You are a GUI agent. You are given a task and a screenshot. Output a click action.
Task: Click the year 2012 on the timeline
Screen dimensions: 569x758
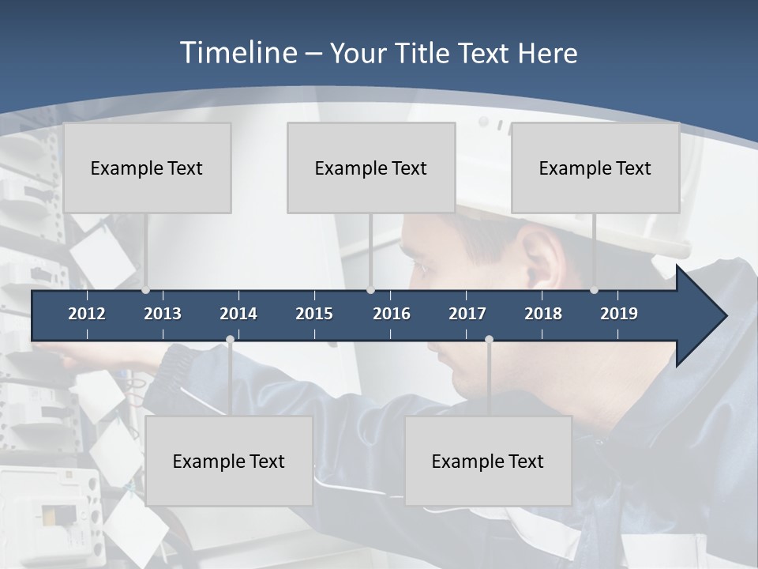click(87, 314)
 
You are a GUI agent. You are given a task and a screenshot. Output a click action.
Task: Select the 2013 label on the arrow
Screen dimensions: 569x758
click(163, 314)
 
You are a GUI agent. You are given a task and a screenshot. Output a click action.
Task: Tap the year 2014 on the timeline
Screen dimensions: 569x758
click(238, 314)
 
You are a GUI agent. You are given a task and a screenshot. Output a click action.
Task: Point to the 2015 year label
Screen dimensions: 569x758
click(314, 314)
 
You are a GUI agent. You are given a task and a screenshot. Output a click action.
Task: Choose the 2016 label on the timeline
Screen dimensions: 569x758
click(392, 314)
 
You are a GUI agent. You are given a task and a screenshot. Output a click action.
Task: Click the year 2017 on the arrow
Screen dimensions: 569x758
click(467, 314)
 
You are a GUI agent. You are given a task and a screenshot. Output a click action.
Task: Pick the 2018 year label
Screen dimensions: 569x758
click(543, 314)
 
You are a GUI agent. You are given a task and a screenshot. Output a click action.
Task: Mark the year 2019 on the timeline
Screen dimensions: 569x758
click(619, 314)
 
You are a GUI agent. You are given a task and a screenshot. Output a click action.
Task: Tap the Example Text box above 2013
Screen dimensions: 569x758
click(147, 168)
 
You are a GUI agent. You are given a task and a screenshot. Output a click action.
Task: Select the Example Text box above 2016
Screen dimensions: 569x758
click(371, 168)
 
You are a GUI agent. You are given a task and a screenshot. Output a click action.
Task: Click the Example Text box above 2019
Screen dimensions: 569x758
click(595, 168)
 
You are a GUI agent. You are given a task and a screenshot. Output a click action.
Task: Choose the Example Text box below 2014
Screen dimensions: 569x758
click(229, 461)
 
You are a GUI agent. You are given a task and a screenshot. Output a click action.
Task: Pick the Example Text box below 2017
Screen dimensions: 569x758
click(488, 461)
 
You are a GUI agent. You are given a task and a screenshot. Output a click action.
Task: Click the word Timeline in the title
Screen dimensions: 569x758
click(237, 53)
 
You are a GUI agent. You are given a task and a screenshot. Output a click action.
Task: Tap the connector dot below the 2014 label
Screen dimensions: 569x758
click(230, 340)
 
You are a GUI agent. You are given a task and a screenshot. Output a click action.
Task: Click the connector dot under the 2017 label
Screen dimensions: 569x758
click(489, 340)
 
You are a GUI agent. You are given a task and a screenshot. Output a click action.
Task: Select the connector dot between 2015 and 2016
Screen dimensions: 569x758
click(370, 290)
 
